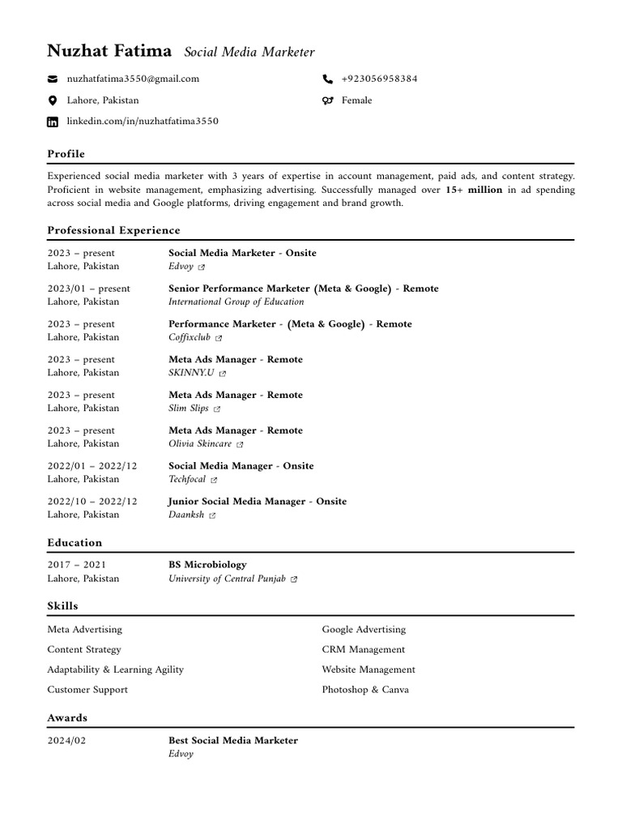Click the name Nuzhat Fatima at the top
click(109, 51)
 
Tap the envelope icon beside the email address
click(53, 79)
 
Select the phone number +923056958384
click(379, 79)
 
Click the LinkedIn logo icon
click(53, 122)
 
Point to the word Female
click(356, 101)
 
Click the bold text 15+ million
click(474, 190)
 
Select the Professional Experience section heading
click(113, 230)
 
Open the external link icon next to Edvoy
click(202, 267)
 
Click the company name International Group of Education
click(236, 302)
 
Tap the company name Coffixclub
click(190, 337)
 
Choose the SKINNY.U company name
click(191, 373)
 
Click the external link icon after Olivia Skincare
click(240, 444)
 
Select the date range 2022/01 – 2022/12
click(92, 466)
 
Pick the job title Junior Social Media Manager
click(237, 502)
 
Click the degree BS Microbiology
click(207, 565)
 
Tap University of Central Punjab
click(227, 579)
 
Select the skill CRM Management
click(363, 649)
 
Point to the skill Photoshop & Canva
click(364, 690)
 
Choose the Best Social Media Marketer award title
click(232, 741)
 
